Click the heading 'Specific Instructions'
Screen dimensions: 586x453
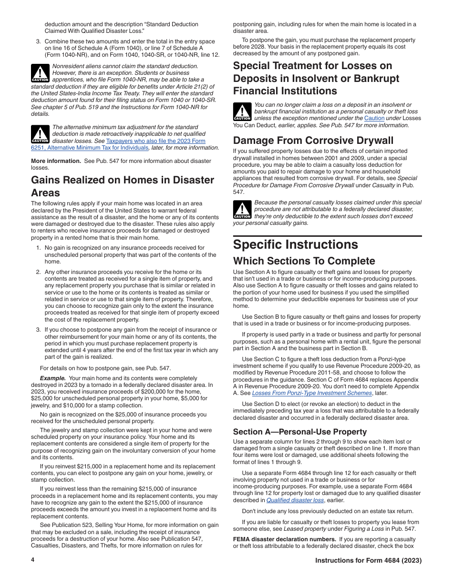(295, 245)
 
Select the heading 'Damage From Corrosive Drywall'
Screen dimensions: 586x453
(313, 141)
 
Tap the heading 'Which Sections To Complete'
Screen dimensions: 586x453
(304, 261)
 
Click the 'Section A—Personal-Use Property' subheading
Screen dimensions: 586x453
(299, 432)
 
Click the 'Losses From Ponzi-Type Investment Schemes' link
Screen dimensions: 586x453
(312, 393)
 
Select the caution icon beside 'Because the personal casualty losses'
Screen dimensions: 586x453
(242, 209)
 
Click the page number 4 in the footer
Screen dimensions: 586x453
(33, 560)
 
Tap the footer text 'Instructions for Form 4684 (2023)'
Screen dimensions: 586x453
(368, 561)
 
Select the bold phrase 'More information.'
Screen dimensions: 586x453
(56, 161)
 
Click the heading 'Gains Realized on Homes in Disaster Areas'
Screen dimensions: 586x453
(123, 186)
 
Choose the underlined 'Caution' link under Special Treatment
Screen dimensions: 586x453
(374, 118)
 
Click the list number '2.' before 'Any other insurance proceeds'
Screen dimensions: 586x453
(39, 272)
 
